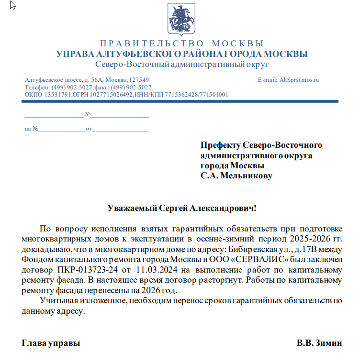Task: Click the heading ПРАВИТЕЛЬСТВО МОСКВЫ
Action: (x=182, y=44)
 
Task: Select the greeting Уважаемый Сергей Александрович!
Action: (x=182, y=208)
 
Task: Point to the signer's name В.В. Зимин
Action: (x=319, y=343)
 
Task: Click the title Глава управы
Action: (x=51, y=343)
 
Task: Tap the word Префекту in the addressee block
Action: (x=221, y=145)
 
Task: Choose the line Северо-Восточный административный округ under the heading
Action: (x=182, y=64)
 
